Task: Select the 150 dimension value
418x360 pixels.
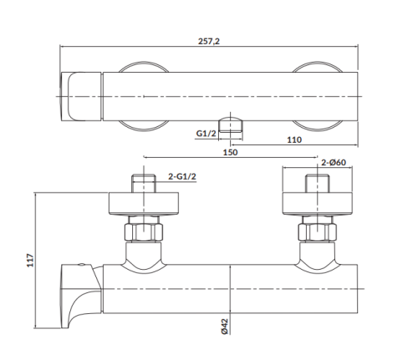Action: (230, 152)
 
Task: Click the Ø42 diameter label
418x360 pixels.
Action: (226, 328)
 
